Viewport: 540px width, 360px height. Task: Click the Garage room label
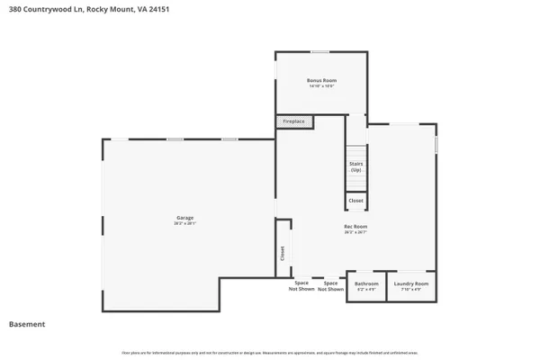click(x=184, y=217)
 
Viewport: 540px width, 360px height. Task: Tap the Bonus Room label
click(x=321, y=81)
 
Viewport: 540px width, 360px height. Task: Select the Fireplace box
click(x=294, y=121)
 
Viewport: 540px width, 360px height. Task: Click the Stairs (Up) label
click(x=355, y=166)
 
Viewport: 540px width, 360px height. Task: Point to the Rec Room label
click(x=355, y=226)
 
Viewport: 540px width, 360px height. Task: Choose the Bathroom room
click(x=366, y=286)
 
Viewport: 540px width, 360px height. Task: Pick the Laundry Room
click(x=410, y=286)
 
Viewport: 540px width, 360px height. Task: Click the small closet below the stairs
click(x=355, y=201)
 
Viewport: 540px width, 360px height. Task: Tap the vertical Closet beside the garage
click(x=282, y=255)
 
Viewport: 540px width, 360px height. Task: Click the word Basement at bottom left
click(x=27, y=324)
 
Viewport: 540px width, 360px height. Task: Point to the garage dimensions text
click(x=184, y=222)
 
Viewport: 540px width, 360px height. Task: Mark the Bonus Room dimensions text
click(x=321, y=86)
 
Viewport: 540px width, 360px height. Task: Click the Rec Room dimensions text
click(x=355, y=231)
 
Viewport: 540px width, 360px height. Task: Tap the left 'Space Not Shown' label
click(x=301, y=286)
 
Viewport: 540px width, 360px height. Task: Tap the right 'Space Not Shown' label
click(x=330, y=286)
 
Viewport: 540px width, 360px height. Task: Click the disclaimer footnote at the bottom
click(x=270, y=352)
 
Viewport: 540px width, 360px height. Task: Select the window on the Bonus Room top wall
click(x=319, y=51)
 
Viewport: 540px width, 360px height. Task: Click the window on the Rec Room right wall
click(x=436, y=144)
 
